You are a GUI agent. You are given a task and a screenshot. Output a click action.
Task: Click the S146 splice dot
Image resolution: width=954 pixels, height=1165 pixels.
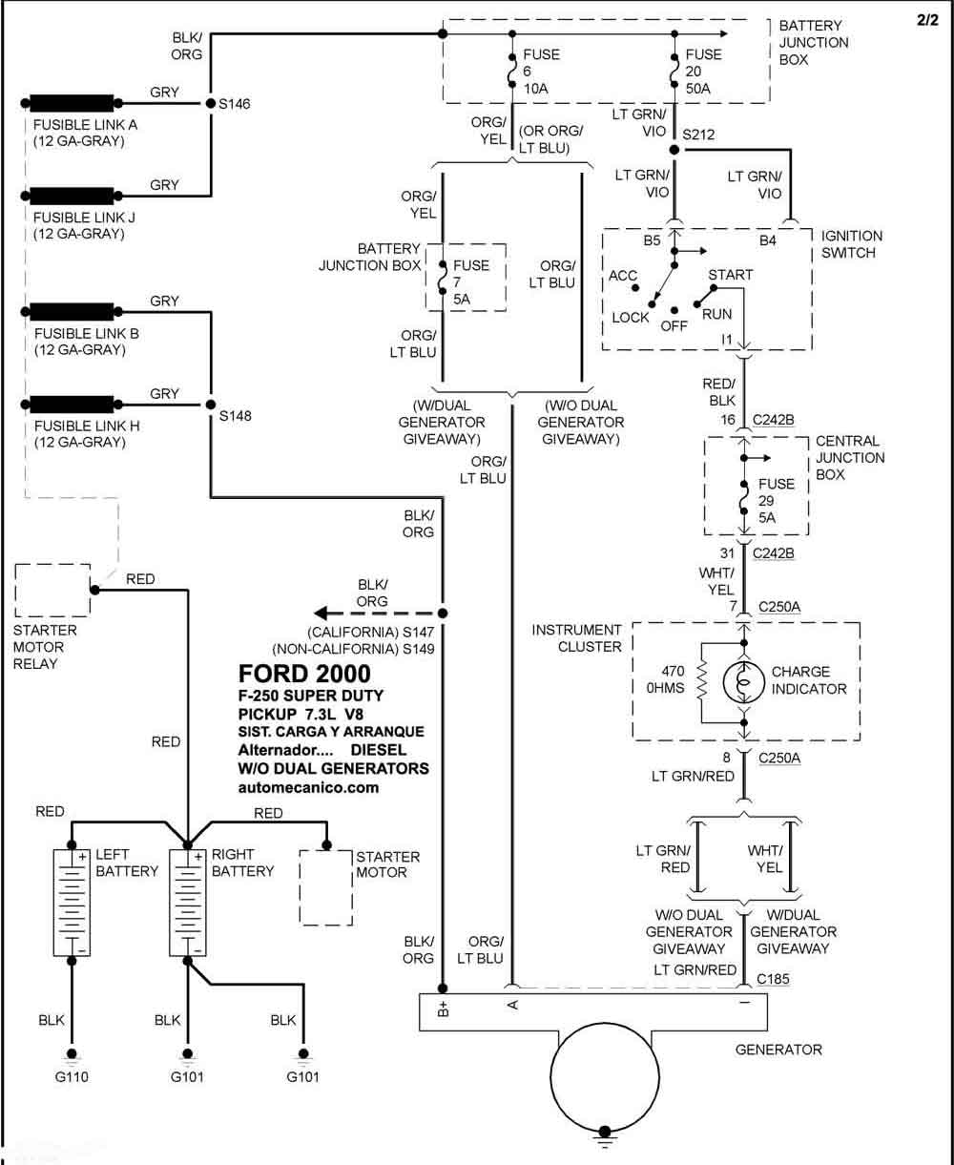(211, 103)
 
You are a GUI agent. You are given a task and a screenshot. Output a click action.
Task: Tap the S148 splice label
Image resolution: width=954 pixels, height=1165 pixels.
(236, 415)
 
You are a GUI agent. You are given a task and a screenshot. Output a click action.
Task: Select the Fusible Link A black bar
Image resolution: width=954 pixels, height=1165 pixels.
(72, 103)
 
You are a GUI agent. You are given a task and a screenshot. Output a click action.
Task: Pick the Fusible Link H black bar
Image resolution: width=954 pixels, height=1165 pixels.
(72, 405)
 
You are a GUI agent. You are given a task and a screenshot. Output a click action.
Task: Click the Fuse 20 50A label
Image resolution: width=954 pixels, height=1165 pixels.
(703, 72)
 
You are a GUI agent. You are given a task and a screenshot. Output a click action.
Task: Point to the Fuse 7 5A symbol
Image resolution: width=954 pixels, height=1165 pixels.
(442, 278)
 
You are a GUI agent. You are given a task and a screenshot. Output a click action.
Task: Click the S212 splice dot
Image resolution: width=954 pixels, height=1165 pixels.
(674, 150)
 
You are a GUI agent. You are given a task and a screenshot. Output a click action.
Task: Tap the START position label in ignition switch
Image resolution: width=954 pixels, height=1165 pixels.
(730, 275)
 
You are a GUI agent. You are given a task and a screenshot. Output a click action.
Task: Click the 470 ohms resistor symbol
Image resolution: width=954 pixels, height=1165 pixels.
(702, 683)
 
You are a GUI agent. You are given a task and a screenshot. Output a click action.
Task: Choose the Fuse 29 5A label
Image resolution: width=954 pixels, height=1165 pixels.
(777, 501)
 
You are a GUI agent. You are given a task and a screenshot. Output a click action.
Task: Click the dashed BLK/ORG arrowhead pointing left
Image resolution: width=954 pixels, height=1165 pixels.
(321, 613)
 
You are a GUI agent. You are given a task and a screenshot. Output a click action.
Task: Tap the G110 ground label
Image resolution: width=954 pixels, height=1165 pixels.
(72, 1076)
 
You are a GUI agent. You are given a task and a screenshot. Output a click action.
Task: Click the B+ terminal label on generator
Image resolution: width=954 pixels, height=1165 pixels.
(443, 1009)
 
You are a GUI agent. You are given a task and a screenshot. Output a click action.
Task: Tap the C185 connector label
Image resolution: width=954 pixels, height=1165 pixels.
(772, 979)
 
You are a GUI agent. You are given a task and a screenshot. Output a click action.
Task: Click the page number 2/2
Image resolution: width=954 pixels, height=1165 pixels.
(927, 20)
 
